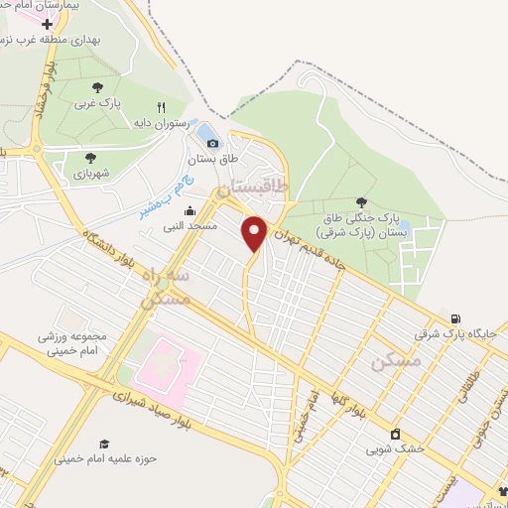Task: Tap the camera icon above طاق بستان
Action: [x=212, y=145]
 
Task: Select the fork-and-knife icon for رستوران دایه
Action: [x=160, y=107]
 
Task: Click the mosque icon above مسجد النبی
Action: [x=190, y=210]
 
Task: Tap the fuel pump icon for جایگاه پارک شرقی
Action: [x=455, y=318]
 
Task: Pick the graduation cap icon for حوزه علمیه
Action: [x=103, y=444]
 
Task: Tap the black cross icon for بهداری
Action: [x=47, y=24]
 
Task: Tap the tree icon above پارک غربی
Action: [x=97, y=88]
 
